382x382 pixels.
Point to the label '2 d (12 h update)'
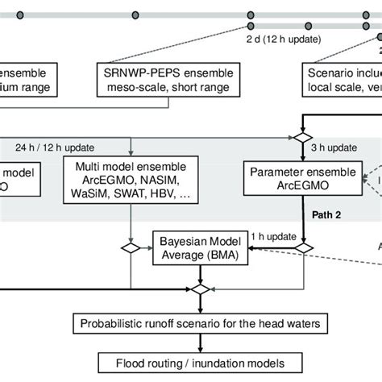coord(284,39)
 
